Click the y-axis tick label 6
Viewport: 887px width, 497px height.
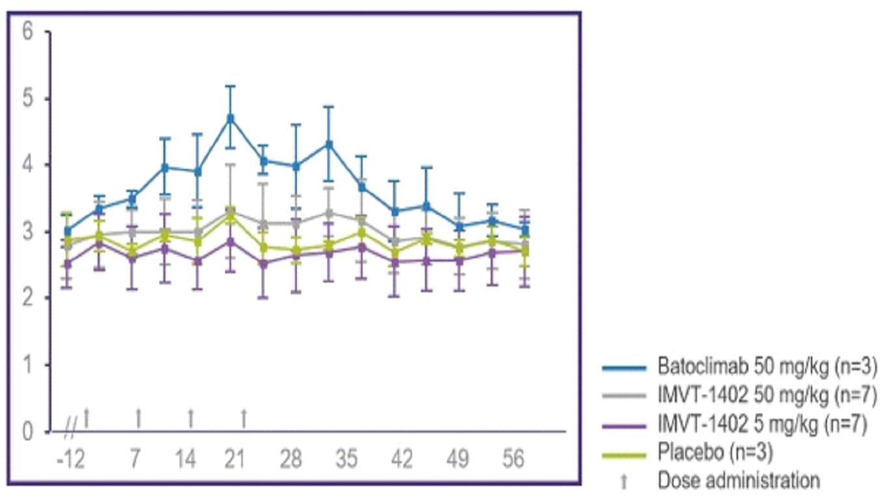pyautogui.click(x=27, y=31)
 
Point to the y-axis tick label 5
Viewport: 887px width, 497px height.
pyautogui.click(x=27, y=99)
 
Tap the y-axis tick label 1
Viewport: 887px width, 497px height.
pyautogui.click(x=27, y=365)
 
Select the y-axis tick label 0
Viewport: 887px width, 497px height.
pyautogui.click(x=27, y=431)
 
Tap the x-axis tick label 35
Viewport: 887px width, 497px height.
pyautogui.click(x=347, y=460)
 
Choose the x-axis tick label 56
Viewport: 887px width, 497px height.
pyautogui.click(x=513, y=460)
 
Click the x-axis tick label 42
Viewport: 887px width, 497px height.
pyautogui.click(x=402, y=460)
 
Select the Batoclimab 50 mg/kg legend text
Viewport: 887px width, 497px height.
pyautogui.click(x=761, y=368)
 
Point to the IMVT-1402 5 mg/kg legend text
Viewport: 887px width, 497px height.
pyautogui.click(x=762, y=425)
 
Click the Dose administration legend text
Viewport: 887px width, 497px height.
pyautogui.click(x=739, y=481)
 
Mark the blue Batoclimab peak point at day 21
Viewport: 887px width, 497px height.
pyautogui.click(x=230, y=118)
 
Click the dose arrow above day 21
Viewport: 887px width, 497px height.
pyautogui.click(x=244, y=418)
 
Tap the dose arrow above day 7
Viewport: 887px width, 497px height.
pyautogui.click(x=138, y=418)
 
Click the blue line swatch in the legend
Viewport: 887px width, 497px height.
pyautogui.click(x=624, y=368)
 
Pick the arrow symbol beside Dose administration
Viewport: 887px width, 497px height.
pyautogui.click(x=624, y=481)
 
